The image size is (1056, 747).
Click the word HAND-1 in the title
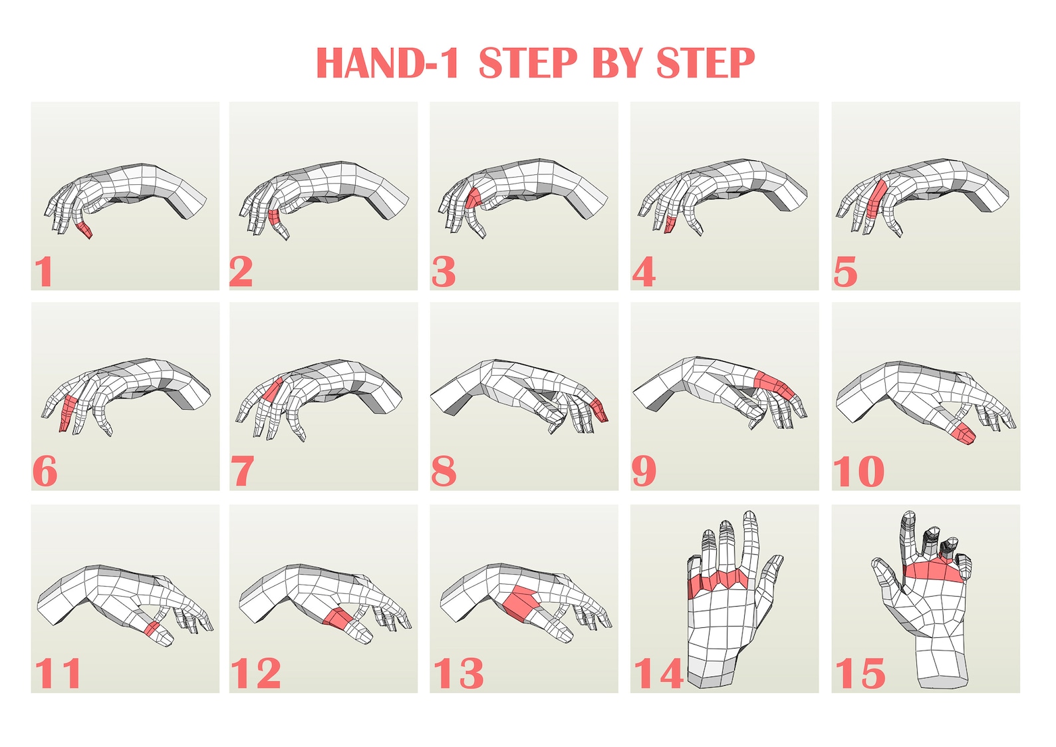tap(387, 64)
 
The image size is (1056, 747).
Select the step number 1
tap(44, 271)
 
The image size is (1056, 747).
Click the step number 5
tap(845, 272)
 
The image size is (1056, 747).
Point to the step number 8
tap(444, 472)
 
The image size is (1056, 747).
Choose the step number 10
tap(858, 472)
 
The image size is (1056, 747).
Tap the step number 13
tap(459, 673)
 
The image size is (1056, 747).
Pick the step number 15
tap(860, 673)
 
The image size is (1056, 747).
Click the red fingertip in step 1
tap(84, 230)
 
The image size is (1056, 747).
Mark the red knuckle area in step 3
tap(473, 198)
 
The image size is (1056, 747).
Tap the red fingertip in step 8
tap(598, 409)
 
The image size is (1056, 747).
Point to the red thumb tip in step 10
tap(963, 434)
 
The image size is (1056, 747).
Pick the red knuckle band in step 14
tap(718, 580)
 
